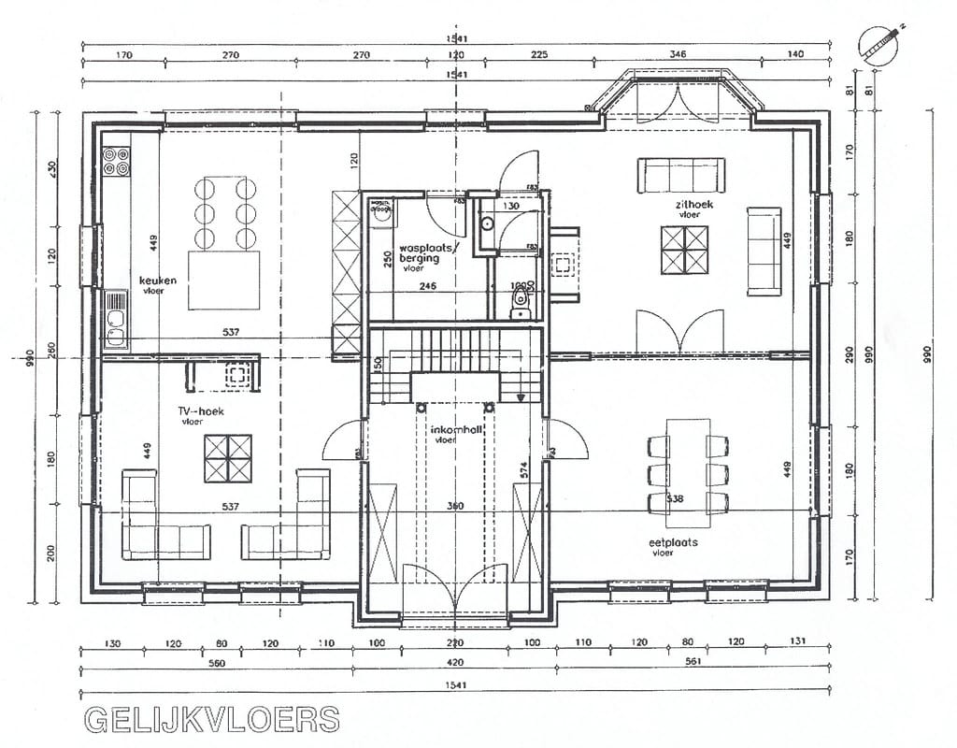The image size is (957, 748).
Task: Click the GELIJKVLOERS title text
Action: pos(212,719)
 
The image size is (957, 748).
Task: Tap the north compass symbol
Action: pos(879,43)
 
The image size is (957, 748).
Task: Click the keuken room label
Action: pos(158,280)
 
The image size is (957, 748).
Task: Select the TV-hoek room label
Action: pos(201,411)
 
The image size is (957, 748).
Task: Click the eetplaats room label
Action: pos(674,542)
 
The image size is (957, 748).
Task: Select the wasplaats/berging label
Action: pos(425,253)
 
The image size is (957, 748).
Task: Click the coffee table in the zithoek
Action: pos(684,250)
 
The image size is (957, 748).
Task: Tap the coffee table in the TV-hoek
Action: pos(228,458)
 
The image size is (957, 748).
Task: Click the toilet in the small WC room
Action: pos(520,305)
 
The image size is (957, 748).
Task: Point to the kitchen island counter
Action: pos(223,279)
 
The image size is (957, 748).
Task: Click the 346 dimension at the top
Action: pos(678,55)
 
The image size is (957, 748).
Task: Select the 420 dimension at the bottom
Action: pos(455,663)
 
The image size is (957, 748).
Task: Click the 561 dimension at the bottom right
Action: pos(693,663)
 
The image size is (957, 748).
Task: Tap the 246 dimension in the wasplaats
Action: pos(428,287)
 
